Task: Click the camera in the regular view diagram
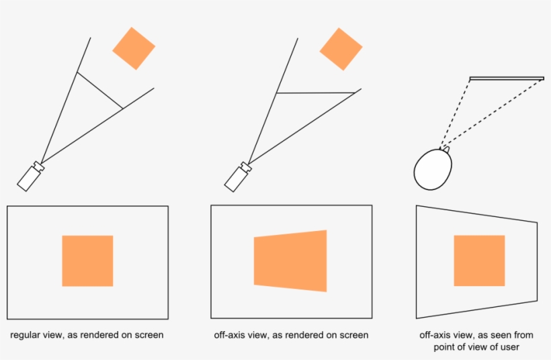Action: tap(31, 177)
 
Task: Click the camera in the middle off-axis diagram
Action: tap(238, 177)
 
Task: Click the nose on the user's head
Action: tap(446, 150)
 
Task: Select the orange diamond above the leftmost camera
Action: tap(134, 48)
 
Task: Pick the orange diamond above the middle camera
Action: tap(341, 49)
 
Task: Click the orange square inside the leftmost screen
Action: tap(87, 261)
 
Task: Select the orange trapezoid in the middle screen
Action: tap(290, 261)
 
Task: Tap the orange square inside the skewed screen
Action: tap(479, 261)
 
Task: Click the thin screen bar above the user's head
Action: tap(507, 79)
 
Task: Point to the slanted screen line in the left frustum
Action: tap(100, 91)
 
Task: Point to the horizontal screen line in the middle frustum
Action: tap(316, 93)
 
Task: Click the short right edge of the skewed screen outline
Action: tap(538, 262)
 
